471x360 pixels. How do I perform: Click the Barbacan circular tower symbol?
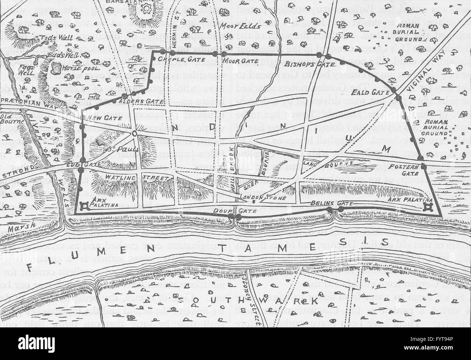pyautogui.click(x=147, y=8)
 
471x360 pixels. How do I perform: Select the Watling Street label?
pyautogui.click(x=137, y=178)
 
